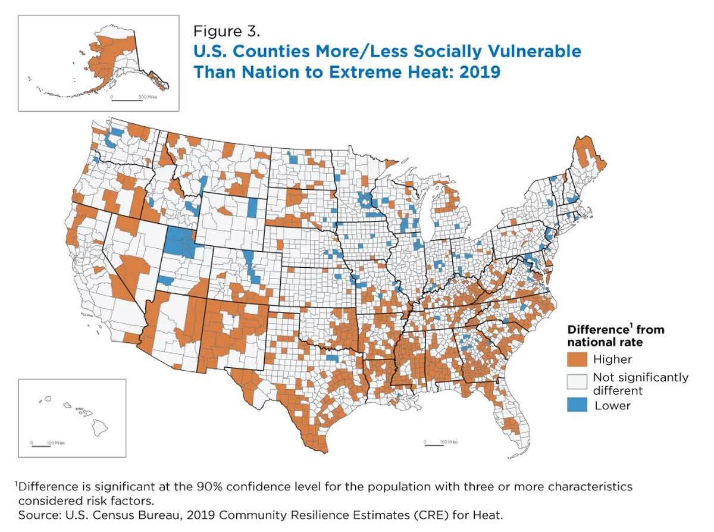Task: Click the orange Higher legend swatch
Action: (578, 359)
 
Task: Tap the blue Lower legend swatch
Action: (578, 405)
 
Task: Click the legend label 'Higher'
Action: (613, 359)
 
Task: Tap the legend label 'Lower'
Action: (612, 405)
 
